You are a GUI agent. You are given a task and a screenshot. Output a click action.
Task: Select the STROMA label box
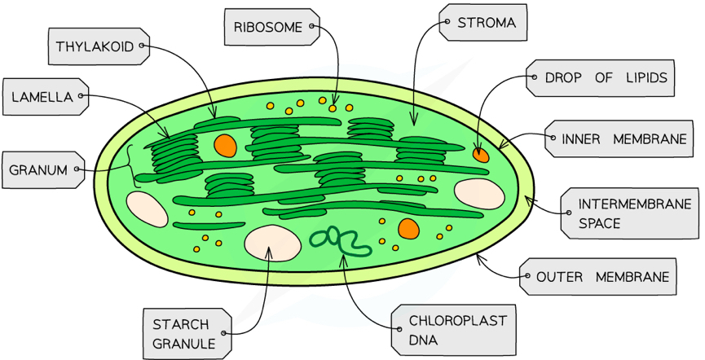tap(481, 23)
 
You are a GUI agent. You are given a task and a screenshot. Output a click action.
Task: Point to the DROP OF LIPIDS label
tap(599, 78)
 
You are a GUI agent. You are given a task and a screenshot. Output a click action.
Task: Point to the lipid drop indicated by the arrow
tap(482, 152)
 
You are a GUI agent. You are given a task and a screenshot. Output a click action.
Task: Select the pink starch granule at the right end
tap(478, 193)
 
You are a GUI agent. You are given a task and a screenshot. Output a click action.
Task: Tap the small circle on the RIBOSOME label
tap(313, 28)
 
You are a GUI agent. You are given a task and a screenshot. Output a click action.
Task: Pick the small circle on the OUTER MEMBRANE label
tap(523, 277)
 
